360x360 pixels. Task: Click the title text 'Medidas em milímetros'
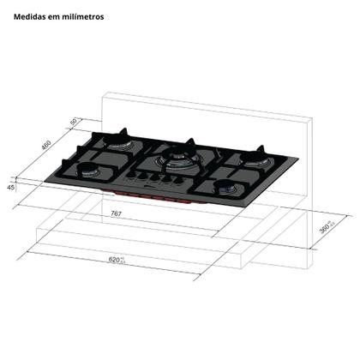coord(59,15)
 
